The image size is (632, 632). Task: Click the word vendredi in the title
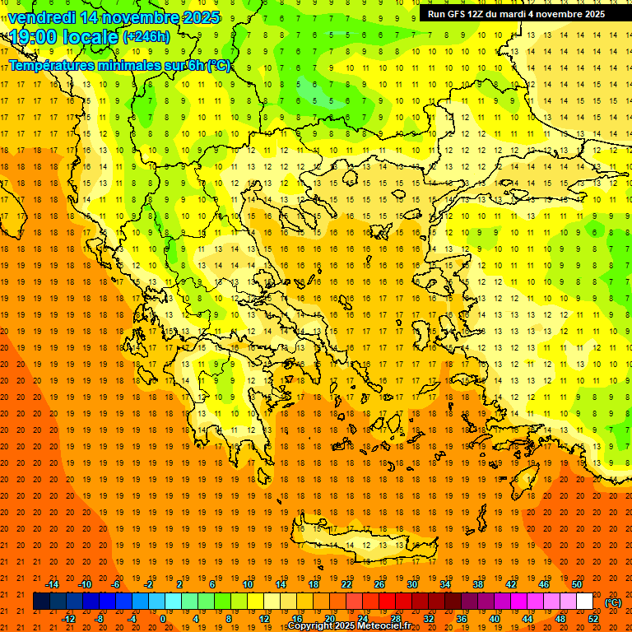(42, 17)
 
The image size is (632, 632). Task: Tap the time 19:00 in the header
(35, 36)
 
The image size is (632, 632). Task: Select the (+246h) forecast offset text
(146, 36)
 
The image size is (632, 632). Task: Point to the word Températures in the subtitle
(49, 65)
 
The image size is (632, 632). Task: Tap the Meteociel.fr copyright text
(349, 626)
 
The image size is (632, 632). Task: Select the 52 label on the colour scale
(593, 619)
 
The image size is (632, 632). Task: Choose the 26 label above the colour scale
(379, 584)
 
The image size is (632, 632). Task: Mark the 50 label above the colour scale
(576, 584)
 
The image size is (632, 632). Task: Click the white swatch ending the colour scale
(584, 602)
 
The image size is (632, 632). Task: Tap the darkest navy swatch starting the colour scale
(41, 602)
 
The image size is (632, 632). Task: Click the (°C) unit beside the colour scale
(613, 602)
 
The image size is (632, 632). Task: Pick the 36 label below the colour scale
(462, 619)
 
